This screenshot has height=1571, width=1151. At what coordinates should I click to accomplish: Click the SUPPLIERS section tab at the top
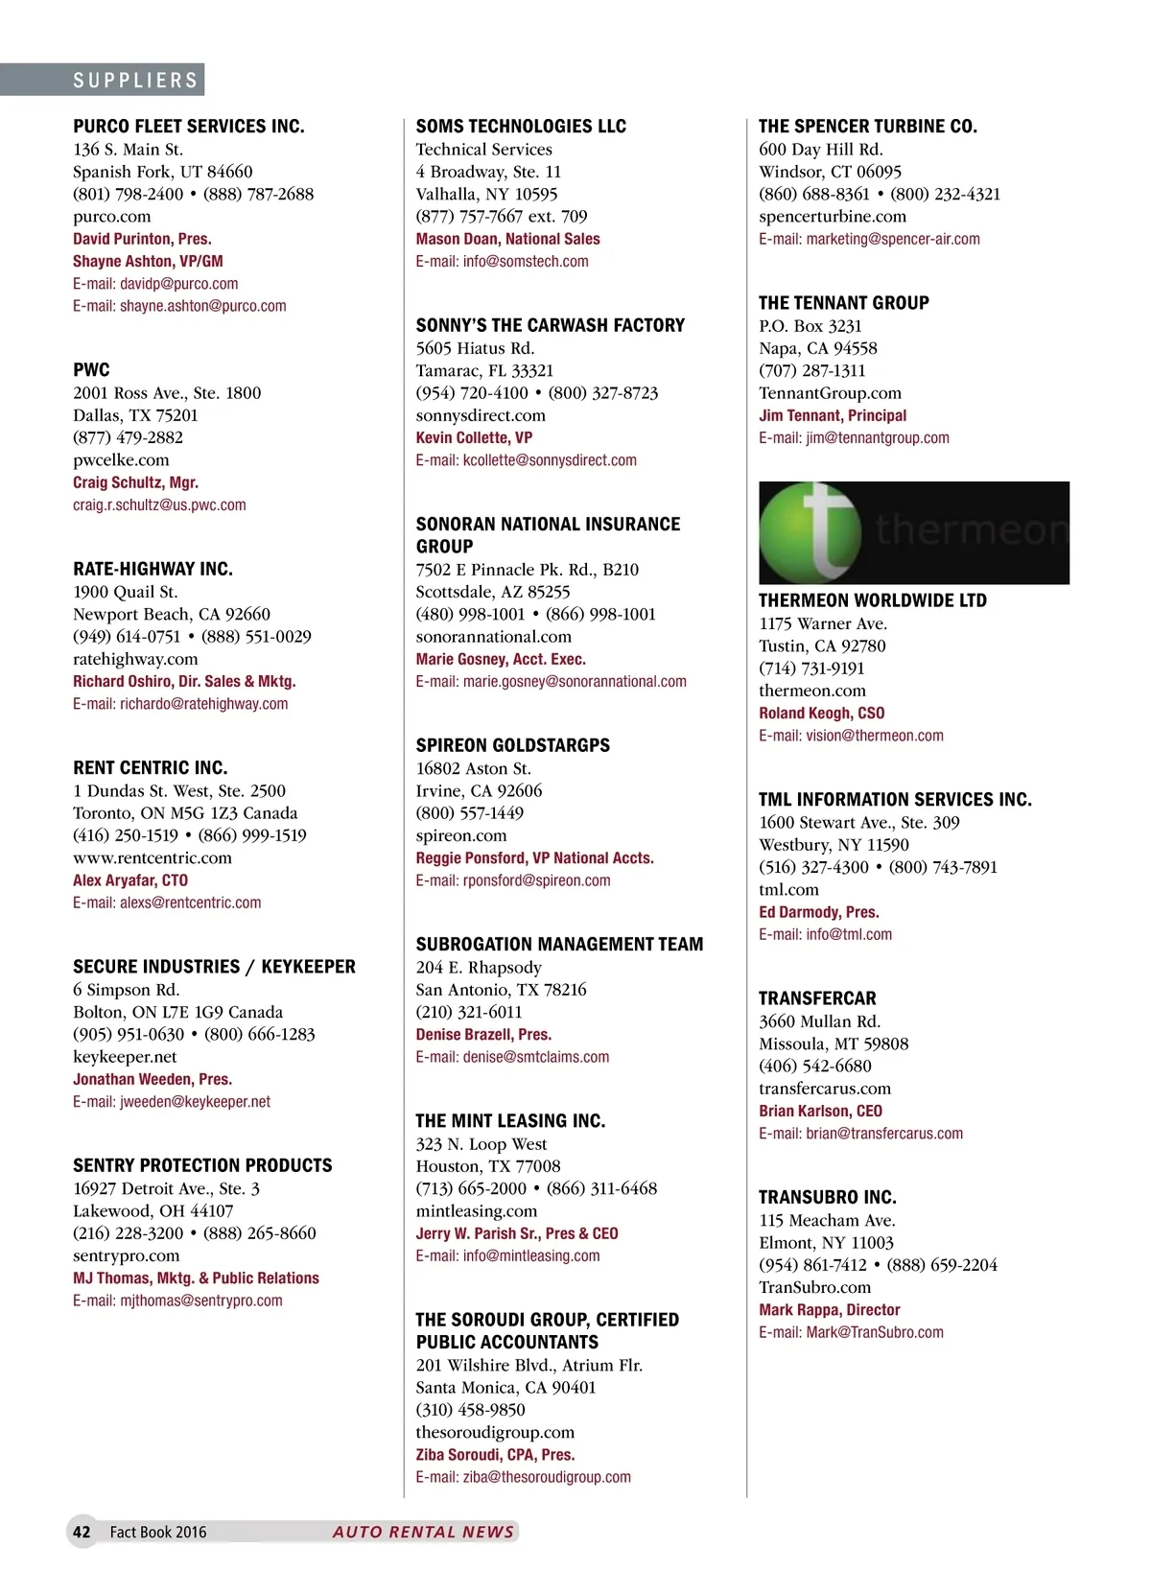[x=135, y=81]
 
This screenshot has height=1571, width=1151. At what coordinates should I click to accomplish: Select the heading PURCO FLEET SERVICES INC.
[x=189, y=127]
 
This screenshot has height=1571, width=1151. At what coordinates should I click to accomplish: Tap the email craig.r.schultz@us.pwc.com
[x=159, y=505]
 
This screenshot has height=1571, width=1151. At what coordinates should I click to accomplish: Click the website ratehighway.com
[x=135, y=659]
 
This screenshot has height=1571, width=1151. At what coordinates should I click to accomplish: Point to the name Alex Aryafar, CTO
[x=130, y=880]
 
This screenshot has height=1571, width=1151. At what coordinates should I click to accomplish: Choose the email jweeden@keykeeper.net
[x=172, y=1102]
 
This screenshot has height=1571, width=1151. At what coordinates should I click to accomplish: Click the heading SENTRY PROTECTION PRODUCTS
[x=202, y=1165]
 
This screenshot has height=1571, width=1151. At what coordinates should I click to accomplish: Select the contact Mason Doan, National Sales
[x=507, y=239]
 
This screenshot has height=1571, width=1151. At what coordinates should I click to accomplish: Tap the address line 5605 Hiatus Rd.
[x=475, y=348]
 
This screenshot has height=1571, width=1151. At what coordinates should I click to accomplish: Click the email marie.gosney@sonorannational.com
[x=551, y=682]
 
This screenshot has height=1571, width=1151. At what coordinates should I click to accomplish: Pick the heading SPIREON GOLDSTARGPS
[x=512, y=745]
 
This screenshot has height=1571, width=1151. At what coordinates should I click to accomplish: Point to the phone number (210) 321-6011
[x=469, y=1012]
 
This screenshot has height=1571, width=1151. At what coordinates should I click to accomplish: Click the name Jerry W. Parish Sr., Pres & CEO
[x=516, y=1233]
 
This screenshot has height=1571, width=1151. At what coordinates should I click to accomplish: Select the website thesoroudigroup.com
[x=495, y=1432]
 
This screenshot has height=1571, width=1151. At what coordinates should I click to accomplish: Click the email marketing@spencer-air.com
[x=869, y=239]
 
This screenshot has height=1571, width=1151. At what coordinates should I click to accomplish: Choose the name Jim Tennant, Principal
[x=832, y=415]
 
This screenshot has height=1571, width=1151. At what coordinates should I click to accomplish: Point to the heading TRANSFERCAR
[x=817, y=998]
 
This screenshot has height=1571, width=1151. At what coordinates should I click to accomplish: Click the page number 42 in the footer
[x=82, y=1532]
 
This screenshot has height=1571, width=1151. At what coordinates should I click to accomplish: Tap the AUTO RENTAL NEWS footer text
[x=423, y=1532]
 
